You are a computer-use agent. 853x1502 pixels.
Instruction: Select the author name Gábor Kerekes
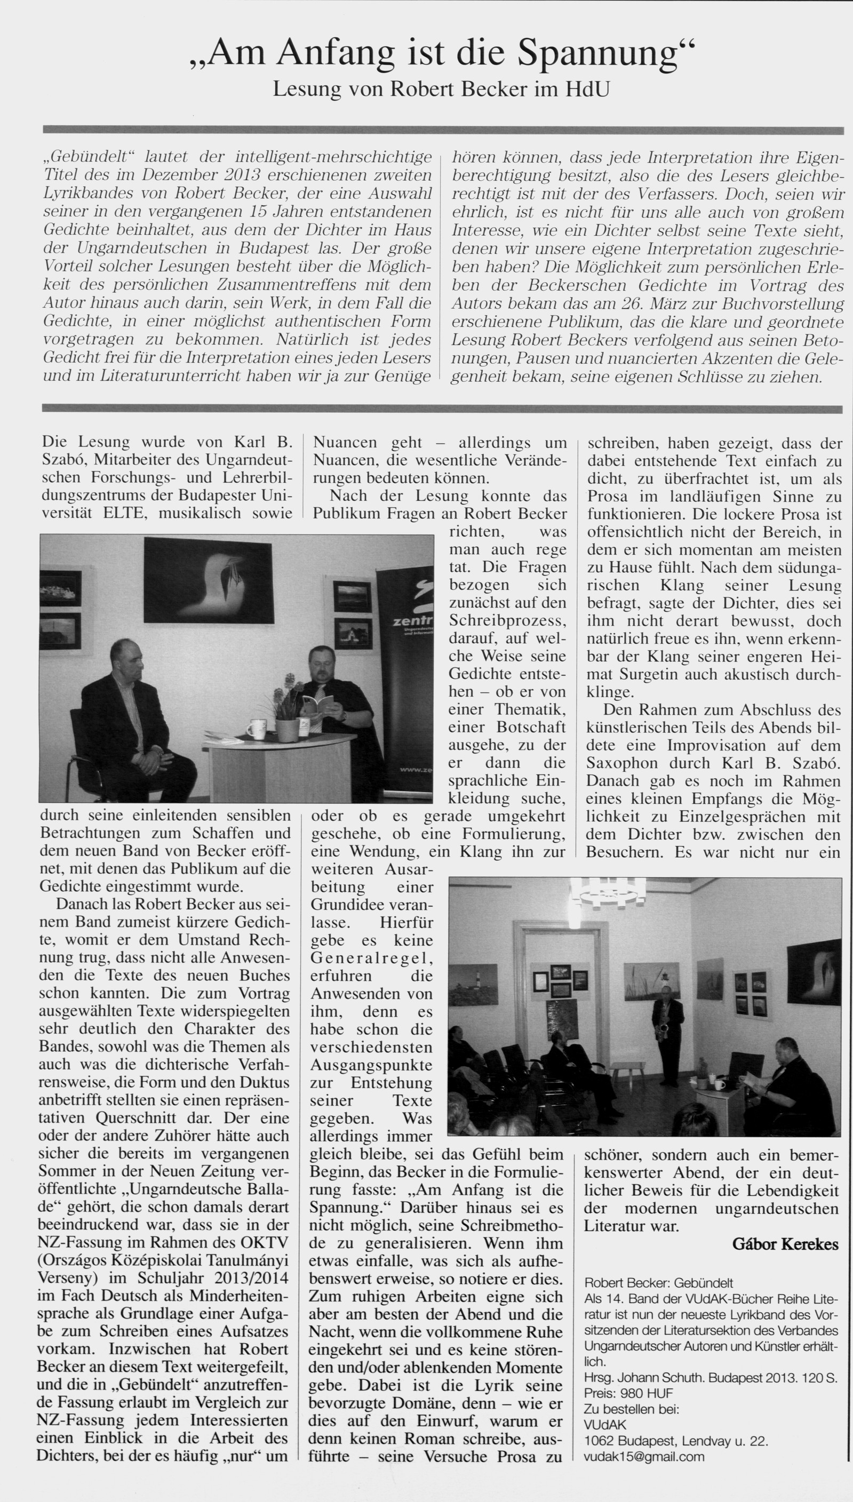[x=785, y=1244]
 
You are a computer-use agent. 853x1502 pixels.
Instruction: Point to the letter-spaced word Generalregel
[x=371, y=958]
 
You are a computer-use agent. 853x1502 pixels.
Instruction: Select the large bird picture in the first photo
[x=208, y=580]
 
